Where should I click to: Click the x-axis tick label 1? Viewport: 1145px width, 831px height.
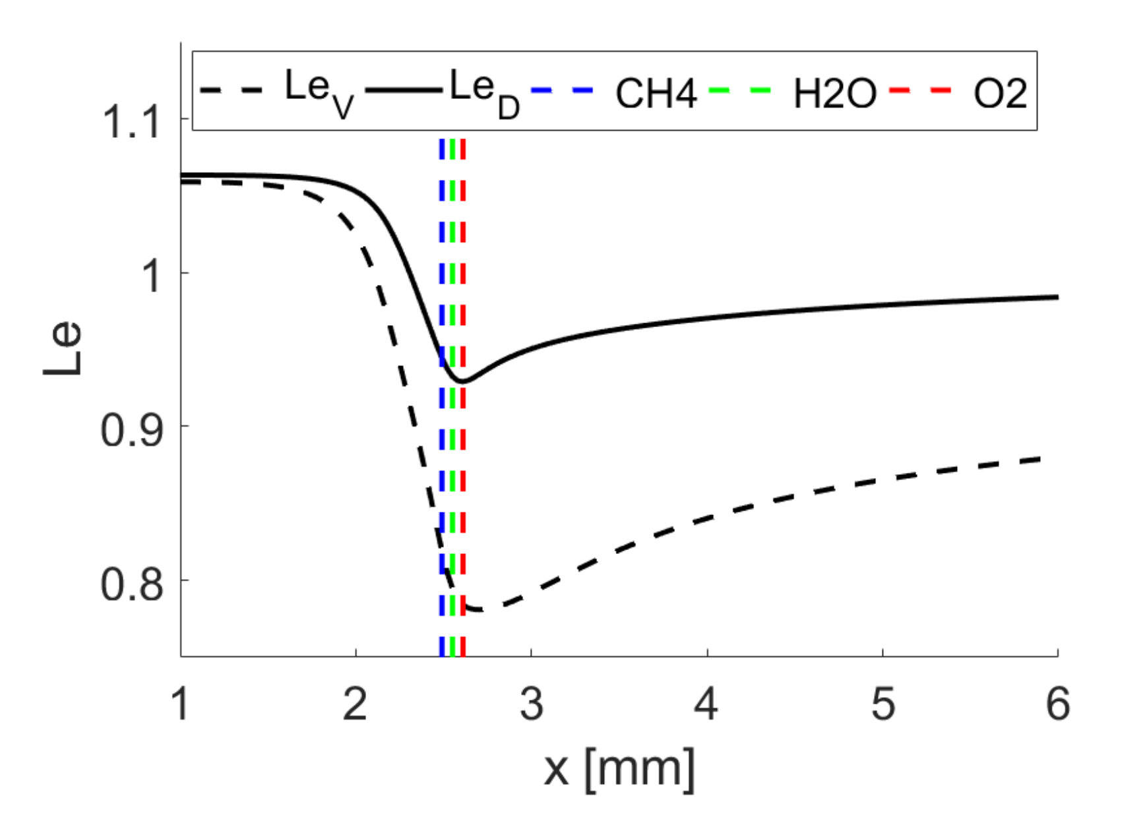pyautogui.click(x=180, y=704)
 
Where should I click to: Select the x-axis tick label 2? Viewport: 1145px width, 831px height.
pyautogui.click(x=356, y=704)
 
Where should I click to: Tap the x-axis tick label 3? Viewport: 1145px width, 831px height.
pyautogui.click(x=531, y=704)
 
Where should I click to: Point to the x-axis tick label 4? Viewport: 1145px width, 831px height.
pyautogui.click(x=706, y=704)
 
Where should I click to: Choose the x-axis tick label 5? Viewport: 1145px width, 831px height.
pyautogui.click(x=882, y=704)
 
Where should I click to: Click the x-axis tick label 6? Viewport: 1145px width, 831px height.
pyautogui.click(x=1058, y=704)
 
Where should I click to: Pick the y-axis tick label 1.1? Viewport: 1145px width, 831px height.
pyautogui.click(x=131, y=121)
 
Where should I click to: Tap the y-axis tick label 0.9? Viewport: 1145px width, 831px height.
pyautogui.click(x=131, y=429)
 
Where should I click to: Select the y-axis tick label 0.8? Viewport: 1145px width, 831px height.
pyautogui.click(x=131, y=583)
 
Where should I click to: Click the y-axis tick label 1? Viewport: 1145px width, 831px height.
pyautogui.click(x=152, y=275)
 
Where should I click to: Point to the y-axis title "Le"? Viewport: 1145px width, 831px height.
pyautogui.click(x=63, y=349)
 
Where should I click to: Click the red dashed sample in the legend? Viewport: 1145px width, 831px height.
pyautogui.click(x=921, y=89)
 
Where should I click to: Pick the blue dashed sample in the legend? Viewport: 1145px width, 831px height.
pyautogui.click(x=562, y=89)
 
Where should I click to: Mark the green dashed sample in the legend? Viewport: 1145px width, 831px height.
pyautogui.click(x=740, y=89)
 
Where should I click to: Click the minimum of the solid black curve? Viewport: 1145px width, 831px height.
pyautogui.click(x=462, y=381)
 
